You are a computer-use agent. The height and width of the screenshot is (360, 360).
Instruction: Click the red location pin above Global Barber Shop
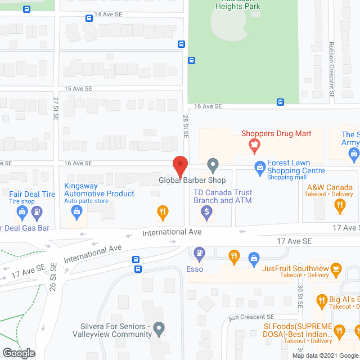click(179, 166)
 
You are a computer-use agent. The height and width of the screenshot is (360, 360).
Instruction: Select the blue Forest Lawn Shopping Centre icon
click(260, 166)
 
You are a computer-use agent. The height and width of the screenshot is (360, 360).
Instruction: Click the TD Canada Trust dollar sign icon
click(206, 212)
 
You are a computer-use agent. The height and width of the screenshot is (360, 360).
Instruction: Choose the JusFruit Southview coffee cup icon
click(336, 268)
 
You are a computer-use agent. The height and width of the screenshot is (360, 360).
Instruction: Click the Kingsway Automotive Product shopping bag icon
click(77, 211)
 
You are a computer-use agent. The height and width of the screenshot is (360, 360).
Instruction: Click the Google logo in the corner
click(18, 353)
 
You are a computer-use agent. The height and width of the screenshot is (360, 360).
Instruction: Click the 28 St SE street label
click(185, 128)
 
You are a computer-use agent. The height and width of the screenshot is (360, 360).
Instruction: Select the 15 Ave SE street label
click(78, 89)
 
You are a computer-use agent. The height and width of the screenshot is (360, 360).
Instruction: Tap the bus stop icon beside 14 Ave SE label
click(89, 18)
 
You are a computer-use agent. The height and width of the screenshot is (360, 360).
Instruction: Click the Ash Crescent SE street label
click(251, 317)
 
